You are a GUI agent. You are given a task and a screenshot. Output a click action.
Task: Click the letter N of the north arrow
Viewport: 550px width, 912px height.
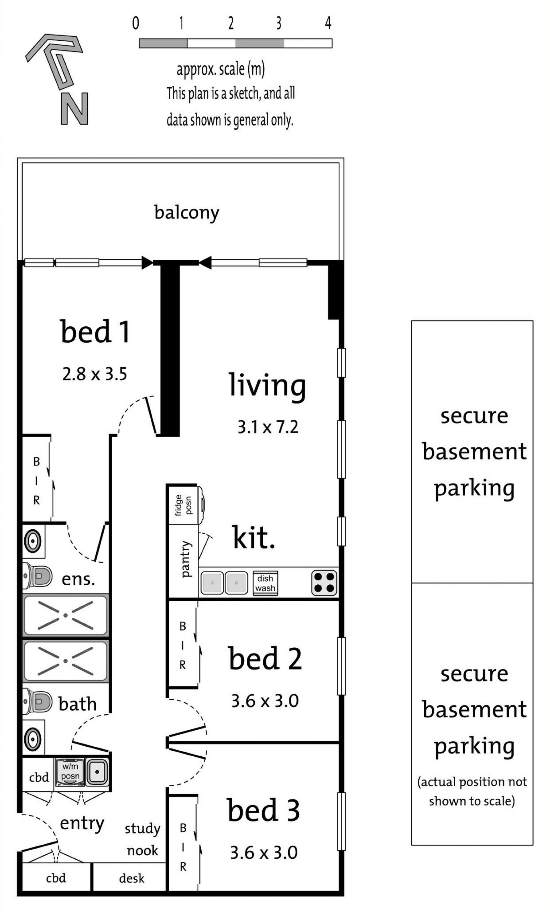tap(74, 108)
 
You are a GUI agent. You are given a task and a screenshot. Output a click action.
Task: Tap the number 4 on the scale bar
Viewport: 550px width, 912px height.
tap(328, 23)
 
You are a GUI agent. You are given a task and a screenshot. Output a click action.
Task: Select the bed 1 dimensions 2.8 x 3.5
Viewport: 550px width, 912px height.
tap(95, 374)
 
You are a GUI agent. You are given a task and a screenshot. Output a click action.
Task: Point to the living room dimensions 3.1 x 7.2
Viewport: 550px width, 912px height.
tap(268, 427)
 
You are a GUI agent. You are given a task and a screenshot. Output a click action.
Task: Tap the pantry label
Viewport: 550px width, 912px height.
tap(186, 559)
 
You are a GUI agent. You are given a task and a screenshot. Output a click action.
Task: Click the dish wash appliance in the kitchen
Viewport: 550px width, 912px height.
tap(265, 583)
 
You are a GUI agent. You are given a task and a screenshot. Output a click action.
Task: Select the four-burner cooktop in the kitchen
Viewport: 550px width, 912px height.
tap(324, 583)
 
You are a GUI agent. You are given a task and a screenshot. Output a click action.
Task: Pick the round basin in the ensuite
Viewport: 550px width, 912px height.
tap(33, 541)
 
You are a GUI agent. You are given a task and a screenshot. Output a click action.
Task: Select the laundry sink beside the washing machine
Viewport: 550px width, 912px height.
tap(97, 772)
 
